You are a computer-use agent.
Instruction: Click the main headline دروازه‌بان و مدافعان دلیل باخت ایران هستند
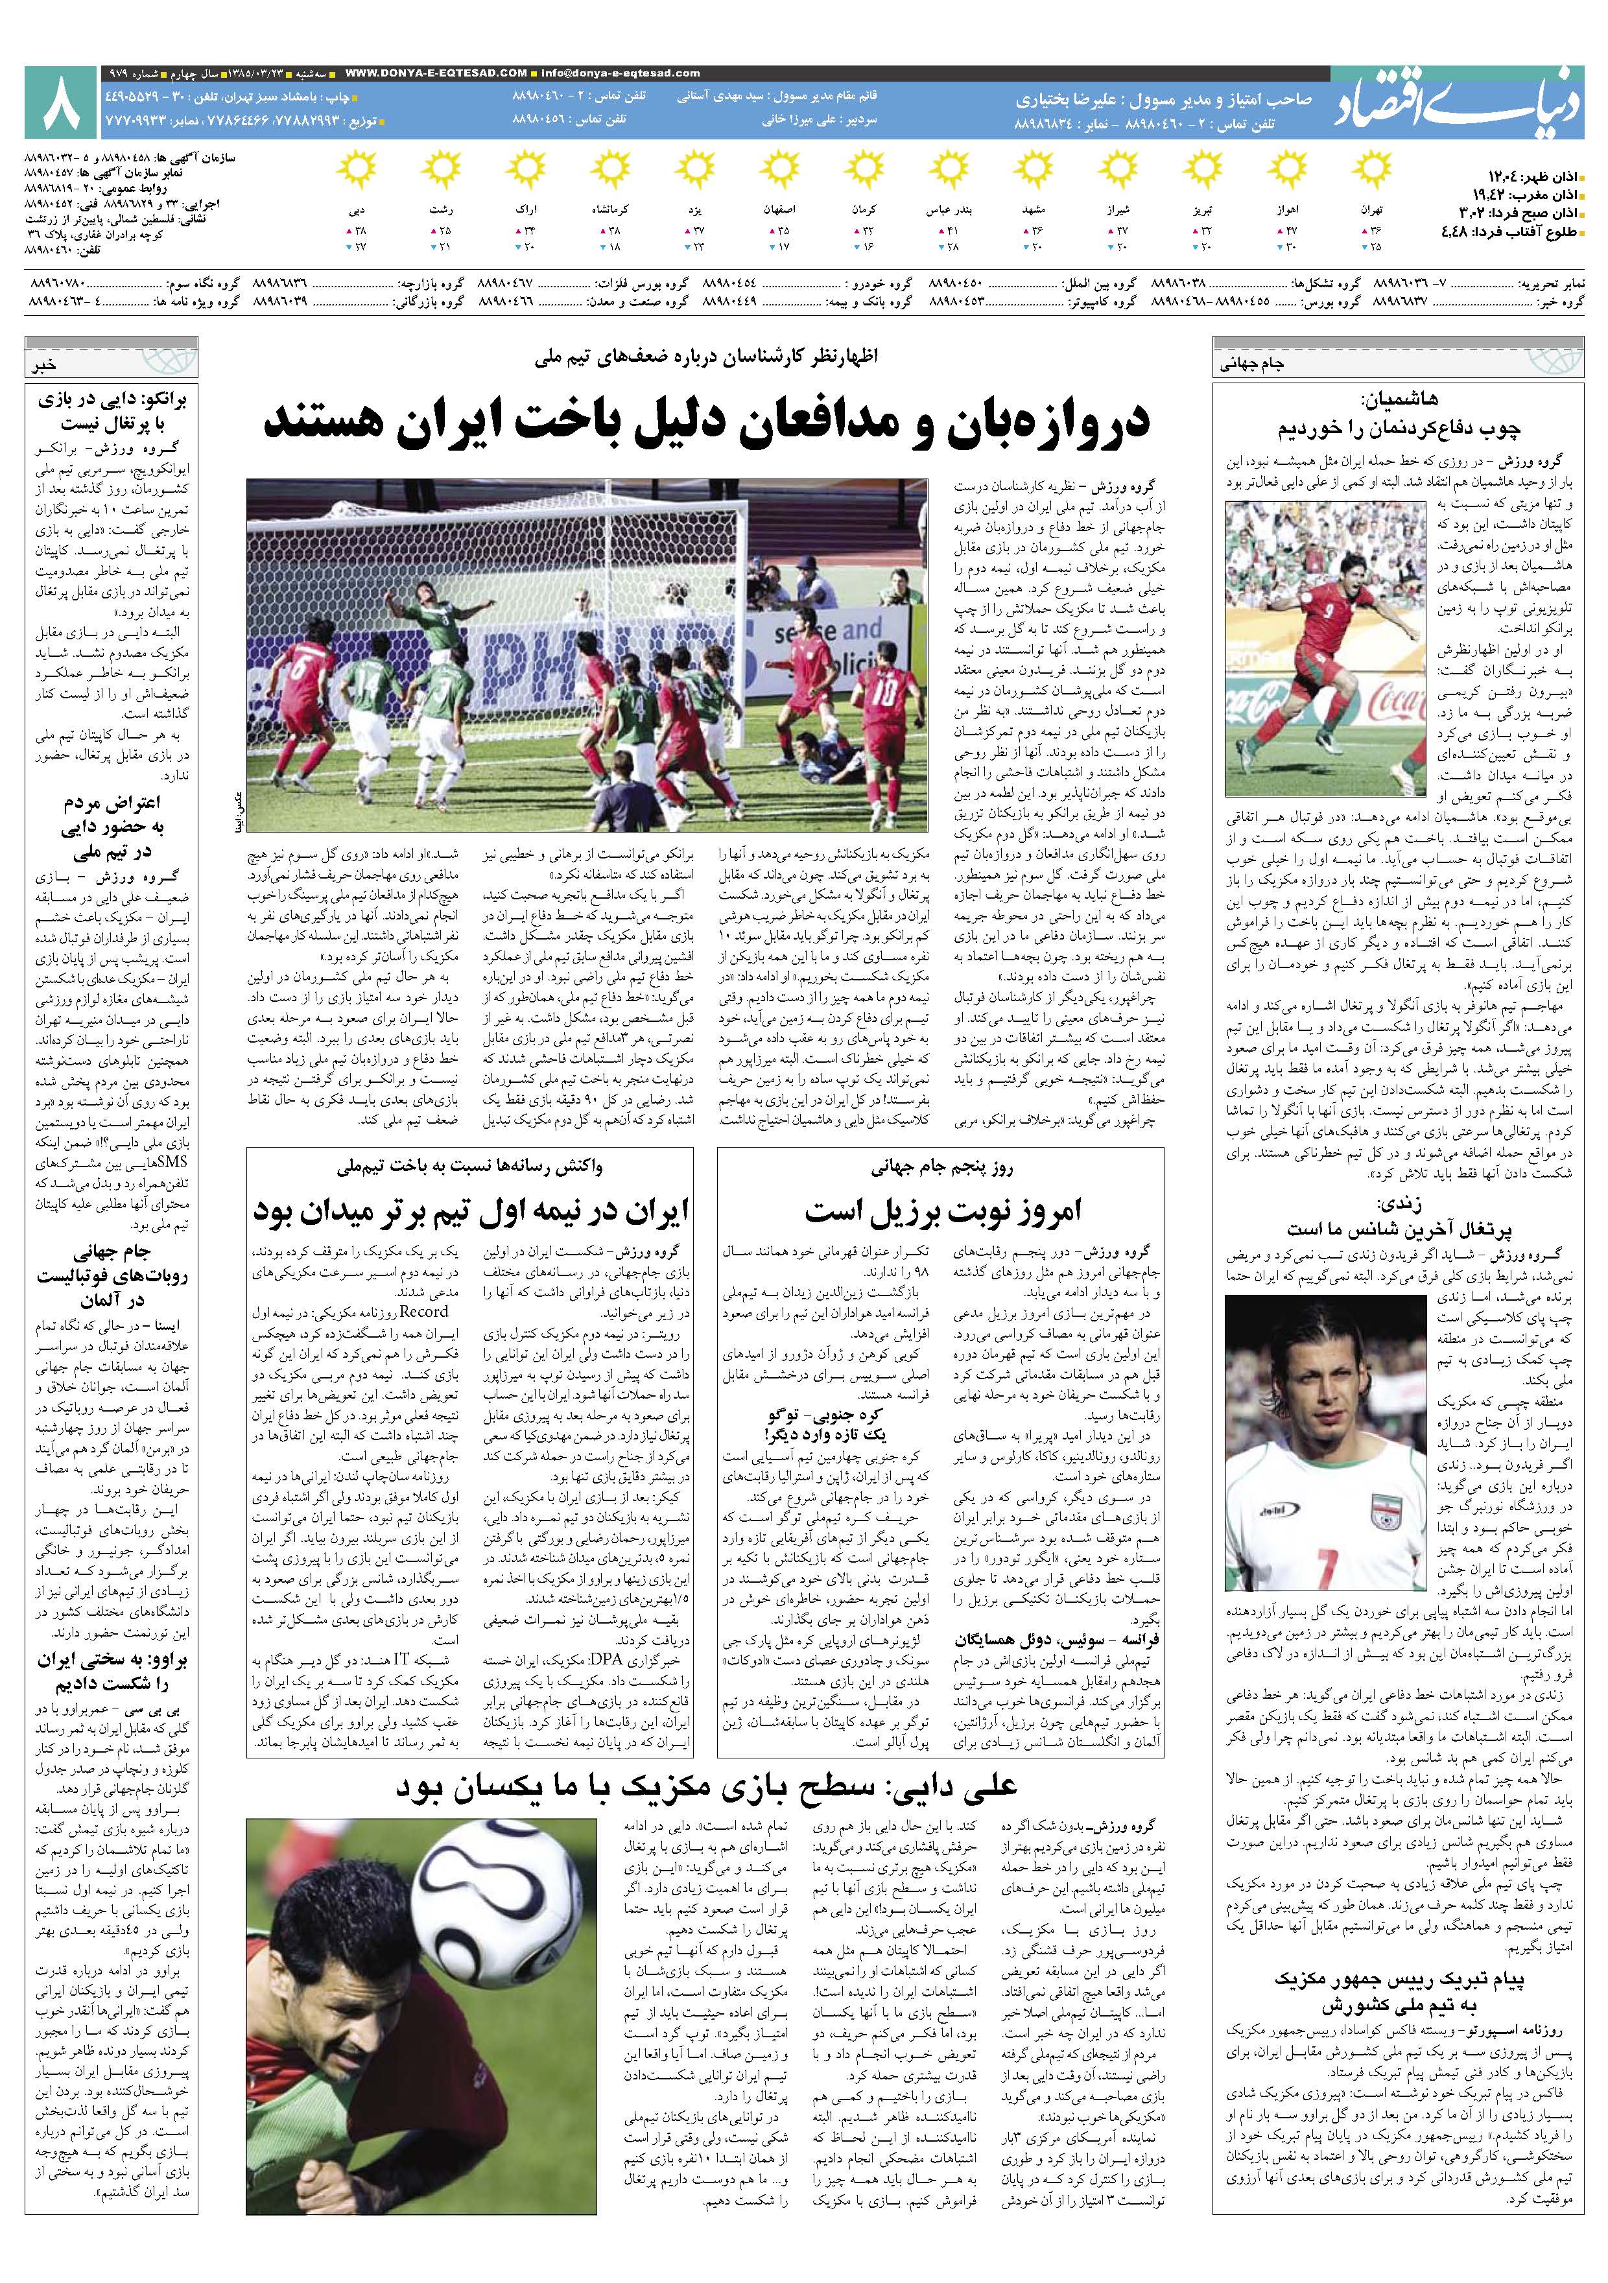(706, 421)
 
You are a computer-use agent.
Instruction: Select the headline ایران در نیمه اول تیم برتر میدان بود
(471, 1211)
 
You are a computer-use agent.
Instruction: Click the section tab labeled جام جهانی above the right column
(1252, 364)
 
